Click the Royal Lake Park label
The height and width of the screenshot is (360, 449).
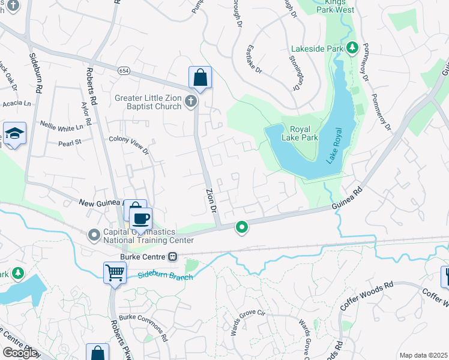(304, 133)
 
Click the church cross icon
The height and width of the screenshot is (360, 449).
(191, 101)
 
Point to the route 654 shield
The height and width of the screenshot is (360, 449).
(124, 70)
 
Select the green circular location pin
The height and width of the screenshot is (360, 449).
(242, 227)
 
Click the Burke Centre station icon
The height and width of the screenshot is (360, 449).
(172, 256)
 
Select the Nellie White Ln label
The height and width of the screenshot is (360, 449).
(62, 127)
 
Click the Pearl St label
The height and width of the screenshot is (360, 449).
(69, 143)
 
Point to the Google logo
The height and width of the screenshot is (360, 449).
(20, 353)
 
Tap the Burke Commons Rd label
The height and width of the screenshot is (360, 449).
(143, 324)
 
